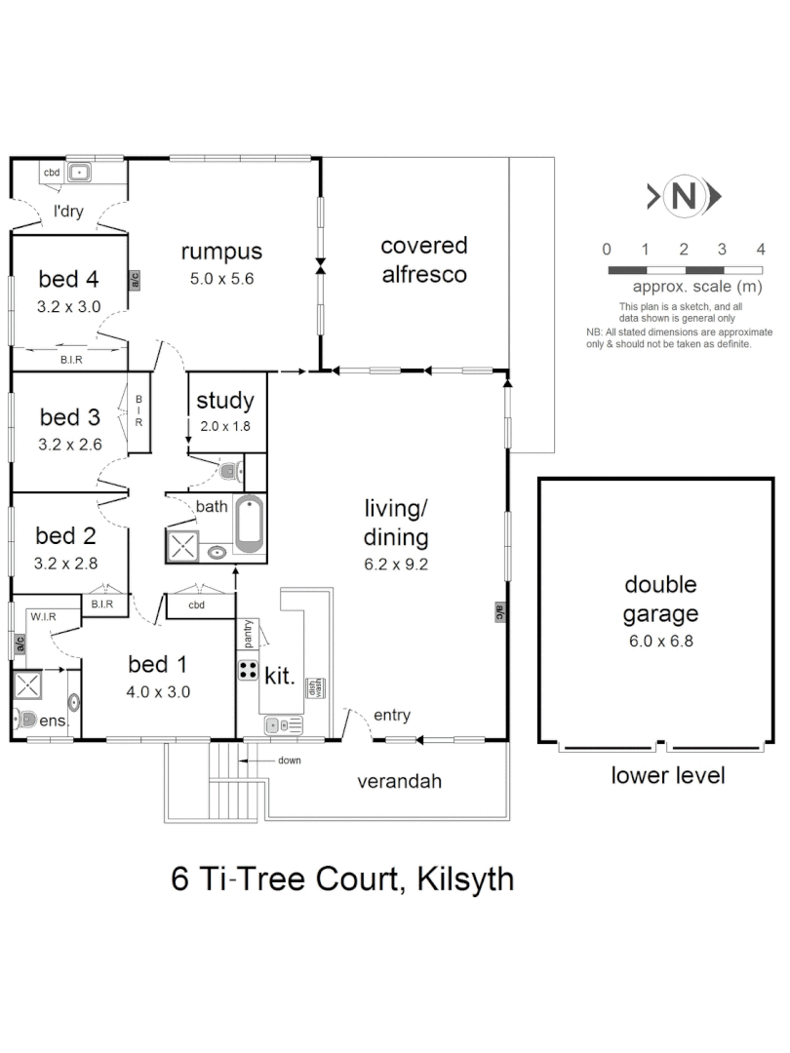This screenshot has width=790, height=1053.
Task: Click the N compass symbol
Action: coord(686,197)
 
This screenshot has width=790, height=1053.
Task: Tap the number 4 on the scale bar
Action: coord(761,249)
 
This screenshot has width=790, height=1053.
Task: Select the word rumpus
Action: coord(221,252)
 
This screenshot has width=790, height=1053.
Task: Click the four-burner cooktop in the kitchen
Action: coord(248,671)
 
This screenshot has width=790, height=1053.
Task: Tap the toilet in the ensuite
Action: coord(27,721)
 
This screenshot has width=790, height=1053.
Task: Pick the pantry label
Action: coord(250,634)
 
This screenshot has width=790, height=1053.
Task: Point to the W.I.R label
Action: coord(42,616)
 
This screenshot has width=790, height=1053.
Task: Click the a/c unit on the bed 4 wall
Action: coord(135,281)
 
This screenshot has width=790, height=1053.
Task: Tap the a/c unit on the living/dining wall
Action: coord(498,612)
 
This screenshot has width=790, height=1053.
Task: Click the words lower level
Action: coord(667,776)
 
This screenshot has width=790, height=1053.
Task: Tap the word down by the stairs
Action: coord(290,760)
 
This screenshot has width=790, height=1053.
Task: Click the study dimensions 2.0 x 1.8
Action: coord(224,426)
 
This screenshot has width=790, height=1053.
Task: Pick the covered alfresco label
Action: coord(423,259)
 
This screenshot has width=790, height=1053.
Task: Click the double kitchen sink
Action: coord(284,725)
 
